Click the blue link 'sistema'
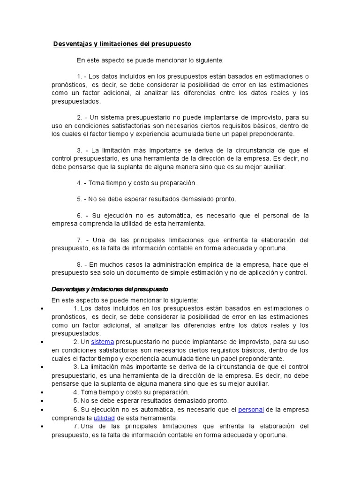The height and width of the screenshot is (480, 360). (102, 342)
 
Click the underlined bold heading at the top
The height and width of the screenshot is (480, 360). (122, 44)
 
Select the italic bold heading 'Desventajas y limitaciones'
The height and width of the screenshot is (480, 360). (110, 289)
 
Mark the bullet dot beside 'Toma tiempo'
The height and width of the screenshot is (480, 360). (42, 392)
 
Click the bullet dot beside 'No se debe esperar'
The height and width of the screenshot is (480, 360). (42, 400)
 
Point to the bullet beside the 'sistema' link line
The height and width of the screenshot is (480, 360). (42, 342)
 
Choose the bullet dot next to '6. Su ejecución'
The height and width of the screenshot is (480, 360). (42, 409)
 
